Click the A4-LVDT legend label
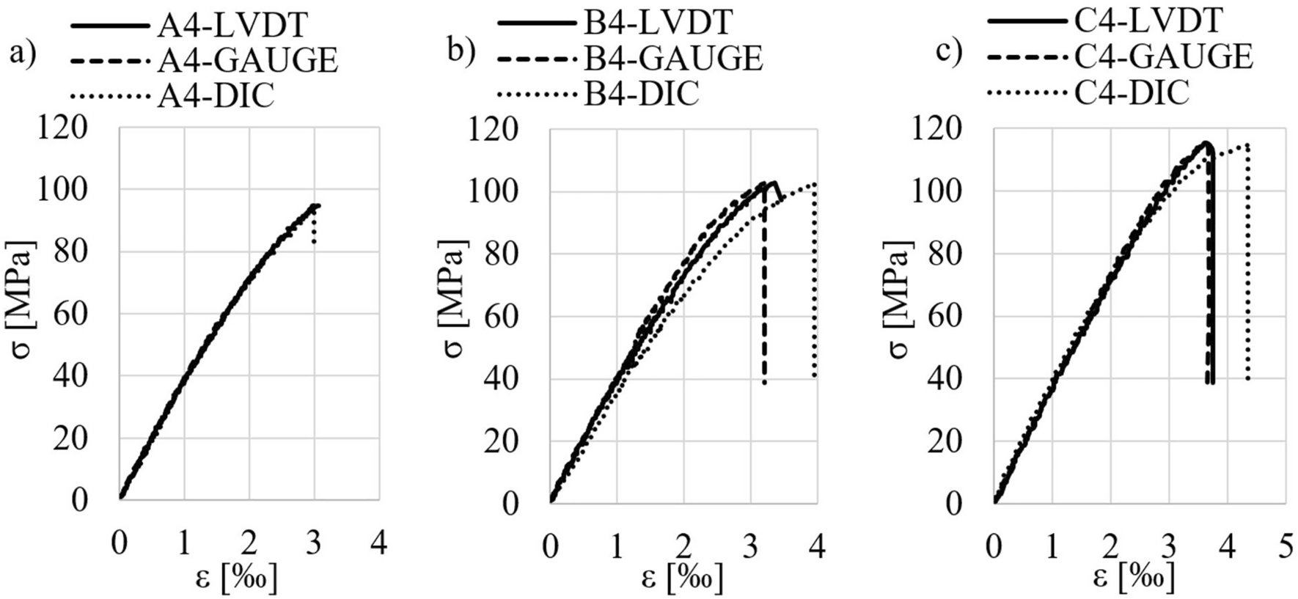click(x=232, y=25)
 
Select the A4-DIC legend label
click(x=216, y=96)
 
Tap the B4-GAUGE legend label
click(x=673, y=58)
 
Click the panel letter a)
click(x=23, y=54)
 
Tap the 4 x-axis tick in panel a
click(x=379, y=544)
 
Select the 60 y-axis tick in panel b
click(x=501, y=317)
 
